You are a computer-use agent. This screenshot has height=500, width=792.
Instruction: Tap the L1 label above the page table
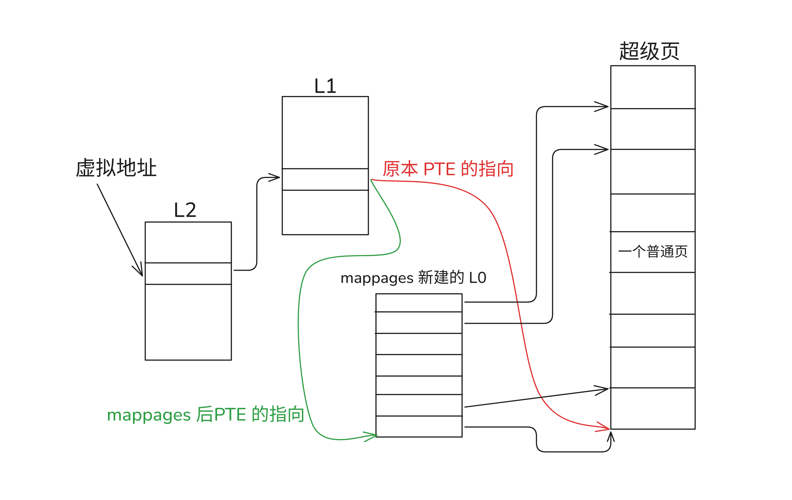point(325,86)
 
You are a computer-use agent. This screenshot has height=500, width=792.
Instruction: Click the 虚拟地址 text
point(116,168)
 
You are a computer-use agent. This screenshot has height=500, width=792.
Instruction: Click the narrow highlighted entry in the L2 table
point(188,274)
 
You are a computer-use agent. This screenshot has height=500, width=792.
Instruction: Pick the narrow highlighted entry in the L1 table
point(325,179)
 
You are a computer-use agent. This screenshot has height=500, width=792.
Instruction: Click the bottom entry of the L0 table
point(419,427)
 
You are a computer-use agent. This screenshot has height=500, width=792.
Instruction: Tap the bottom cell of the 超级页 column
point(653,408)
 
